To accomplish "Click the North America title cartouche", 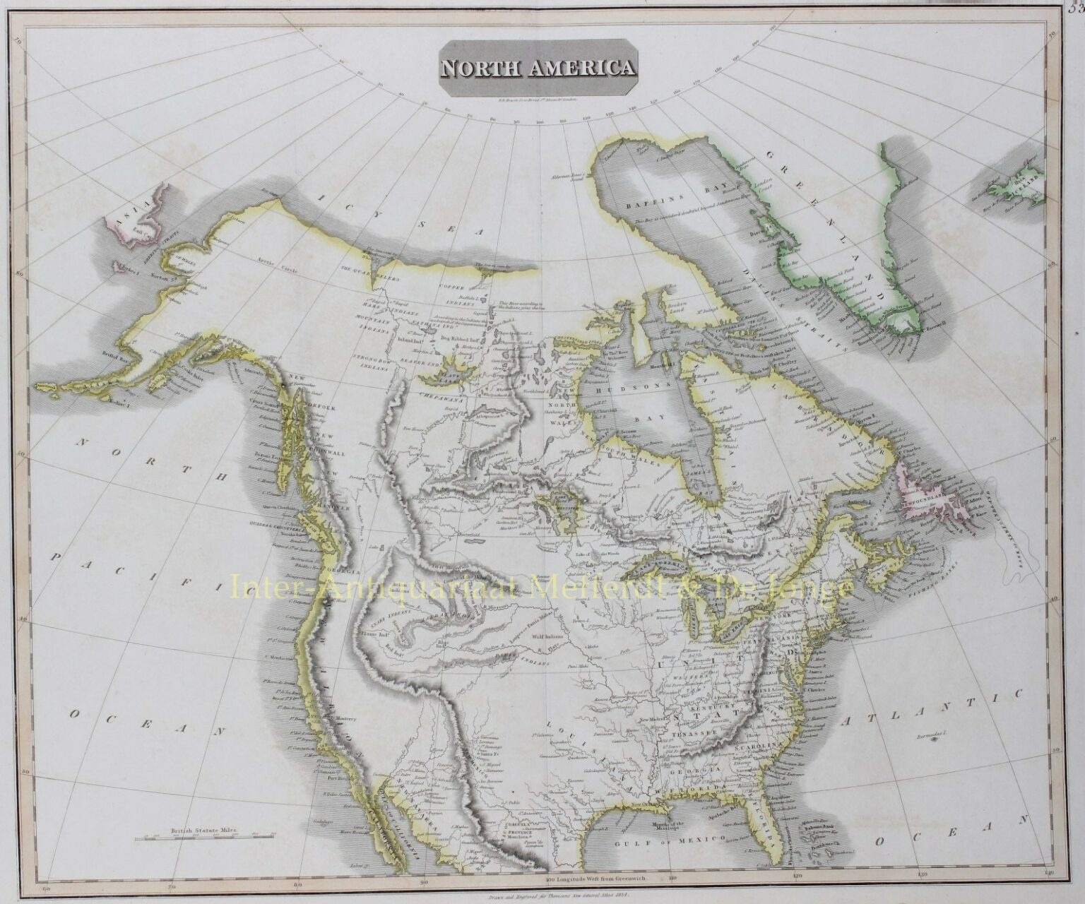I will [538, 68].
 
